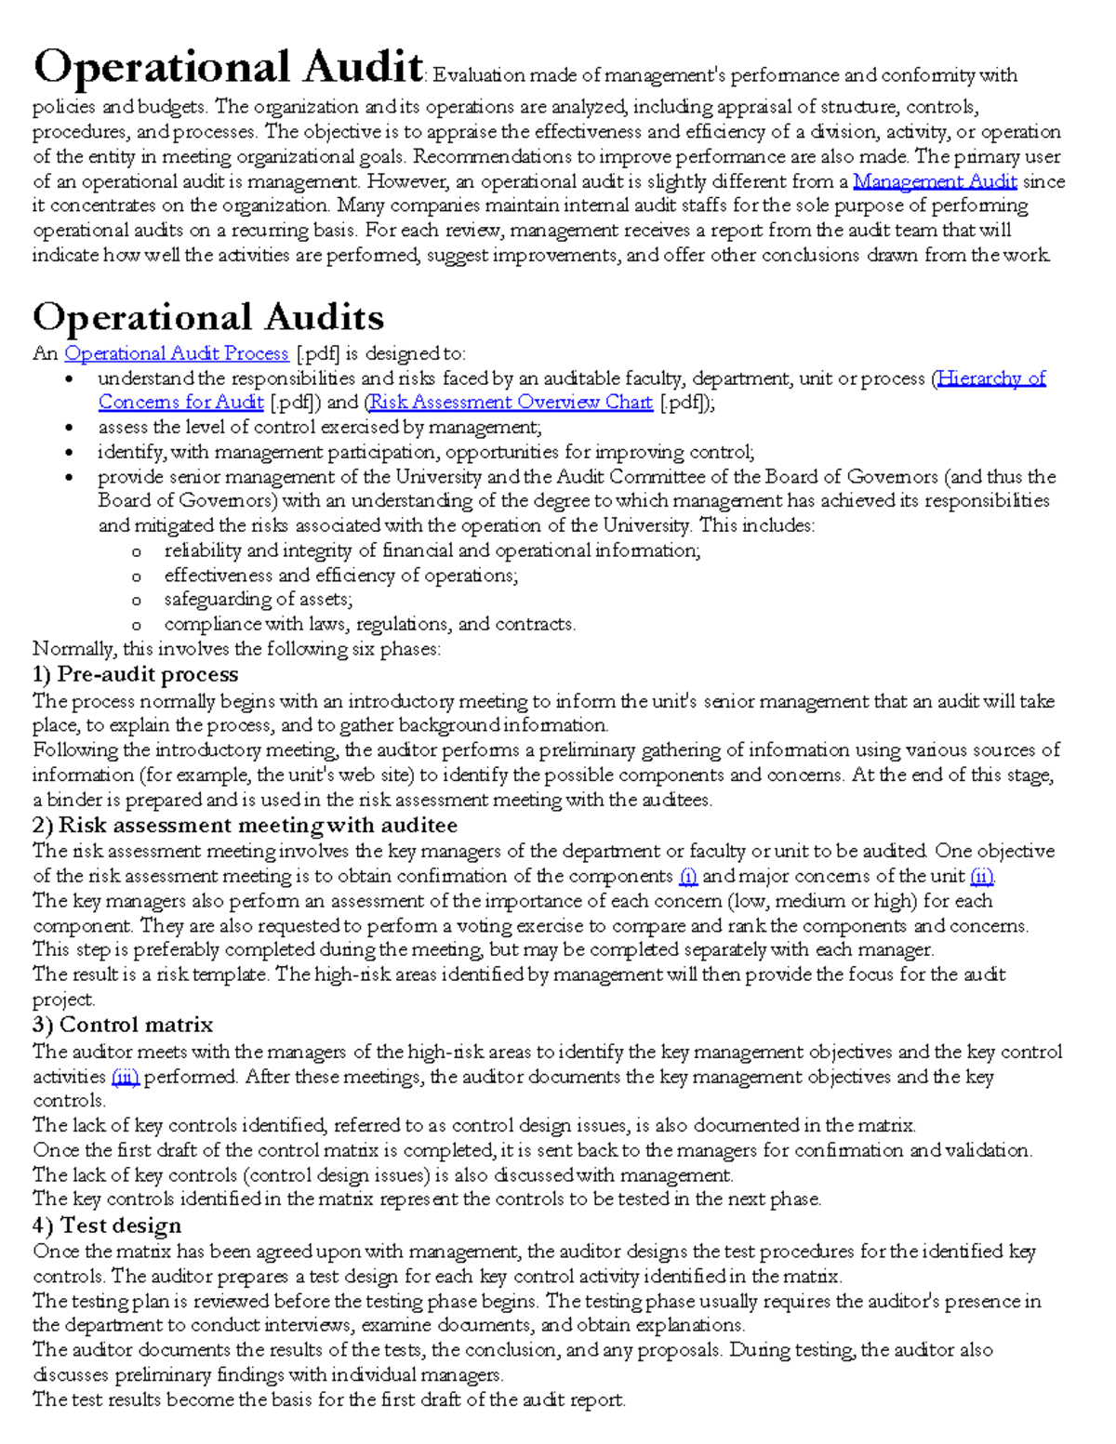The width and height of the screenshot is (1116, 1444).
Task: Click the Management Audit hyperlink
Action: point(935,182)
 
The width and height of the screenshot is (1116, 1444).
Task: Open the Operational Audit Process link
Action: point(177,354)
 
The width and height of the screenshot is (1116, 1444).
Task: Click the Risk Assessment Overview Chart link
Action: point(511,403)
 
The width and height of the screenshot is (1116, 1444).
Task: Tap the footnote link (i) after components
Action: point(687,877)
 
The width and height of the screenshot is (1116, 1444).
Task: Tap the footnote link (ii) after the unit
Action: point(982,877)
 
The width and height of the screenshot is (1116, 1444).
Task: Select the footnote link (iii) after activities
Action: point(125,1078)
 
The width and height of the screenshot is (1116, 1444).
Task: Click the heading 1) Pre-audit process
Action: point(136,674)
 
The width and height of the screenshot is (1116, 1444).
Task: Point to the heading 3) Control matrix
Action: point(123,1025)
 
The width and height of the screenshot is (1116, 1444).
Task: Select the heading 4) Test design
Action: point(107,1225)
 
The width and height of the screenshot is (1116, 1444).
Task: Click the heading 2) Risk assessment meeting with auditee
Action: point(245,826)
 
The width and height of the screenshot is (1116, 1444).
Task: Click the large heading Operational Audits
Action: point(208,318)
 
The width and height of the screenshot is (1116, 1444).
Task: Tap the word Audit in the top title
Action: point(363,67)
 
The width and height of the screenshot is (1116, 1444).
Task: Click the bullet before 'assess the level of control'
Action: point(69,429)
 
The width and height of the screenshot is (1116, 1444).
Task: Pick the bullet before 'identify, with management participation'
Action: point(69,453)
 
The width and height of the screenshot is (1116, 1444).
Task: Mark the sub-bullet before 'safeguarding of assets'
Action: point(137,601)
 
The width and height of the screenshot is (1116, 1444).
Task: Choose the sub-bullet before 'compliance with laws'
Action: point(137,626)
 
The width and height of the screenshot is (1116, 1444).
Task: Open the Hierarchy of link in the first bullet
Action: point(991,378)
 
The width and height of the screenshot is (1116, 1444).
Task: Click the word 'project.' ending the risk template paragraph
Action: point(63,1000)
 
